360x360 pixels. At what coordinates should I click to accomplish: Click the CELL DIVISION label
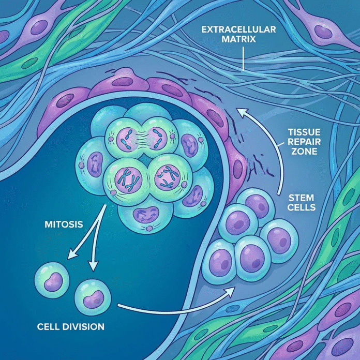[70, 327]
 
